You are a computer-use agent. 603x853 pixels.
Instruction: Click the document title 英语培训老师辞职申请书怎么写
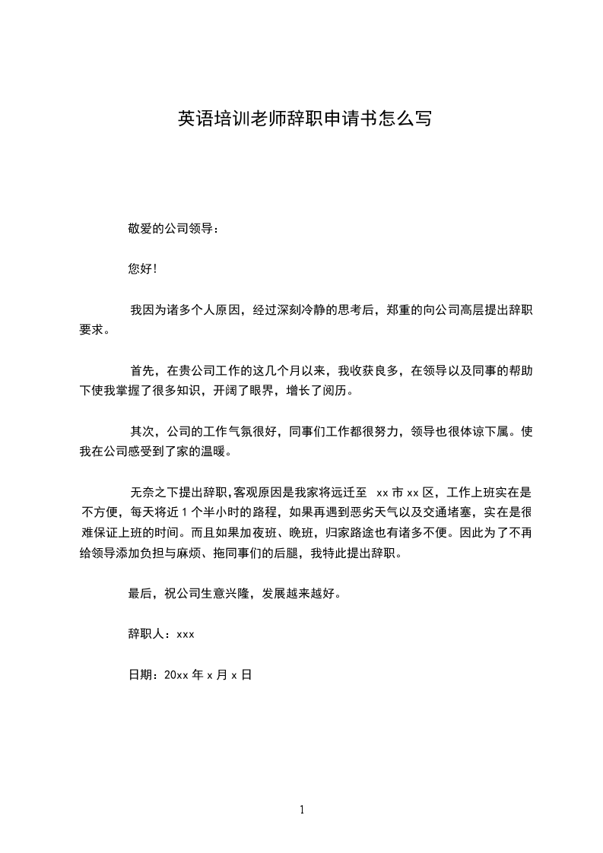click(305, 119)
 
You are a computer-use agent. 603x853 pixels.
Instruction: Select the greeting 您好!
click(143, 268)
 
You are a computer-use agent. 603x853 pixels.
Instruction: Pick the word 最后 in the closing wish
click(141, 594)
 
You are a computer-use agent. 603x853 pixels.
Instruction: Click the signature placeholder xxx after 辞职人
click(186, 634)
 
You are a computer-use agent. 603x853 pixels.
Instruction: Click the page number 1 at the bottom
click(302, 810)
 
